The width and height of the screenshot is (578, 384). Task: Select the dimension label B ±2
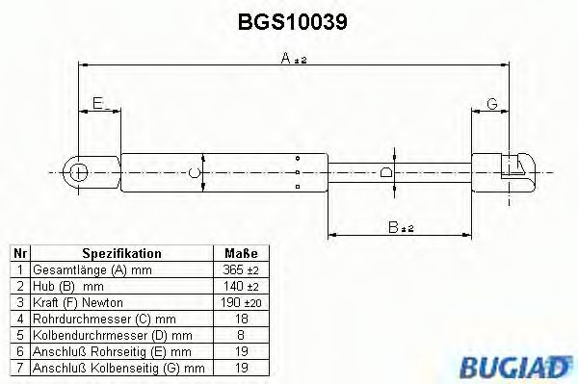click(x=400, y=228)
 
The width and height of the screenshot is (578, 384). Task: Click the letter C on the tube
click(x=195, y=173)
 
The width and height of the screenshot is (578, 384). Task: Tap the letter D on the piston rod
click(x=386, y=173)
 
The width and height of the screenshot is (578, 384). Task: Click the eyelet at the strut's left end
click(x=78, y=172)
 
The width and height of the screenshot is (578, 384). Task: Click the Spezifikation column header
click(x=121, y=253)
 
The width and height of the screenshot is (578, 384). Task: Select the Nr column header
click(x=19, y=253)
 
